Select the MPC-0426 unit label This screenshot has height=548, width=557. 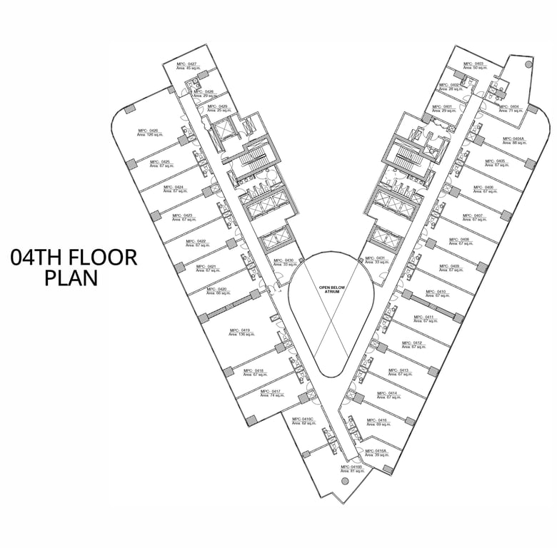tap(148, 131)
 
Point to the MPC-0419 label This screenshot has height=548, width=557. tap(240, 330)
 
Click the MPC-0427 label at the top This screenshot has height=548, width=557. tap(187, 64)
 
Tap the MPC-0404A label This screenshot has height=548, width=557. tap(513, 139)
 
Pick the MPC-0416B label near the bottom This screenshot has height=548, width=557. tap(352, 467)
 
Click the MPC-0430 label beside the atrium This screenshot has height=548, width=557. tap(283, 260)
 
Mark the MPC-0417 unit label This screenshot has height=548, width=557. tap(270, 391)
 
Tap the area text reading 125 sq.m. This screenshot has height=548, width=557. tap(151, 135)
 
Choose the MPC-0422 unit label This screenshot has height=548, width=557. tap(196, 241)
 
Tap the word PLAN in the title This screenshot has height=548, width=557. tap(71, 278)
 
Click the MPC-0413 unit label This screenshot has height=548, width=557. tap(398, 370)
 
